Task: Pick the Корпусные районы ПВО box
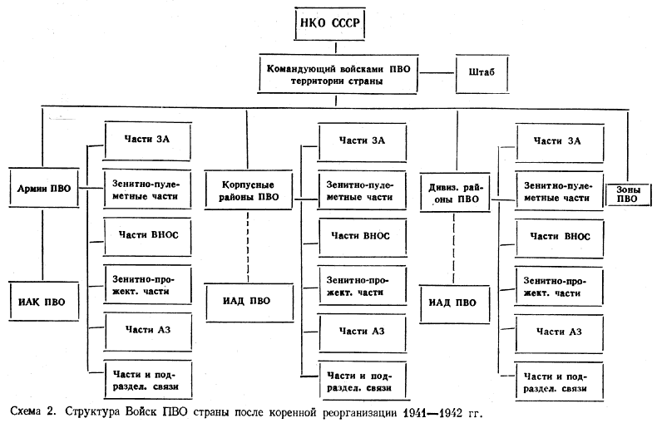(x=248, y=190)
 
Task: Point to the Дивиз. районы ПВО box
(x=455, y=194)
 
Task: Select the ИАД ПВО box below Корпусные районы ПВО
(x=248, y=299)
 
